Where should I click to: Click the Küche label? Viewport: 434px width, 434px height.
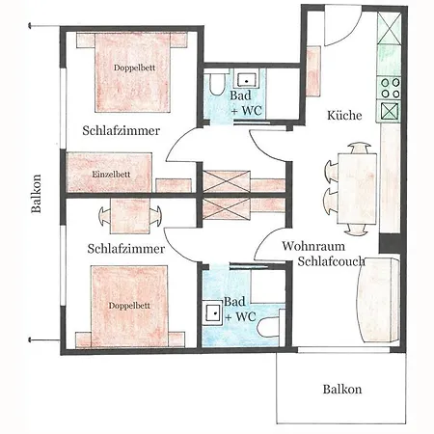click(344, 115)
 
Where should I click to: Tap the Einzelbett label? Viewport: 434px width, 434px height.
click(111, 175)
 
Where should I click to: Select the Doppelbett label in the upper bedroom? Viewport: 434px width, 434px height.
click(134, 68)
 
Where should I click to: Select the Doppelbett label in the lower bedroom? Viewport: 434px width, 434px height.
click(129, 306)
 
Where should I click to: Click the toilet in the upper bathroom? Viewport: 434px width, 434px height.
click(217, 84)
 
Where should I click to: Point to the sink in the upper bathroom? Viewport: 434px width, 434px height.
click(247, 80)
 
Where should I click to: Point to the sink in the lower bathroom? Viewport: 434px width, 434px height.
click(214, 311)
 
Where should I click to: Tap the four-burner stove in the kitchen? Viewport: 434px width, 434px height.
click(390, 88)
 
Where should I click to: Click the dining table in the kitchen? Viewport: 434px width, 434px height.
click(357, 189)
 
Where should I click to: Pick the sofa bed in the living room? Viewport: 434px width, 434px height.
click(378, 300)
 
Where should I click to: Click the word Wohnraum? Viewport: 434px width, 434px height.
click(313, 246)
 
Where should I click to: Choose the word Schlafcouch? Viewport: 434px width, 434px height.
click(331, 261)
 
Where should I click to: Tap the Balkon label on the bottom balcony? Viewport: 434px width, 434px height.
click(342, 389)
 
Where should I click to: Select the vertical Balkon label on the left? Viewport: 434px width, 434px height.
click(37, 194)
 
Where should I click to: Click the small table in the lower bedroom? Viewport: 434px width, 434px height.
click(130, 216)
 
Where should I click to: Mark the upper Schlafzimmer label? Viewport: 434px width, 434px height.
click(122, 130)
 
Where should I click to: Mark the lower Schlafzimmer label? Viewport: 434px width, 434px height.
click(126, 249)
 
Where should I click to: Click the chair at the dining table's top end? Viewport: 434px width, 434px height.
click(360, 149)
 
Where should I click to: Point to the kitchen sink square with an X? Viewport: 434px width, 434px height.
click(390, 111)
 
